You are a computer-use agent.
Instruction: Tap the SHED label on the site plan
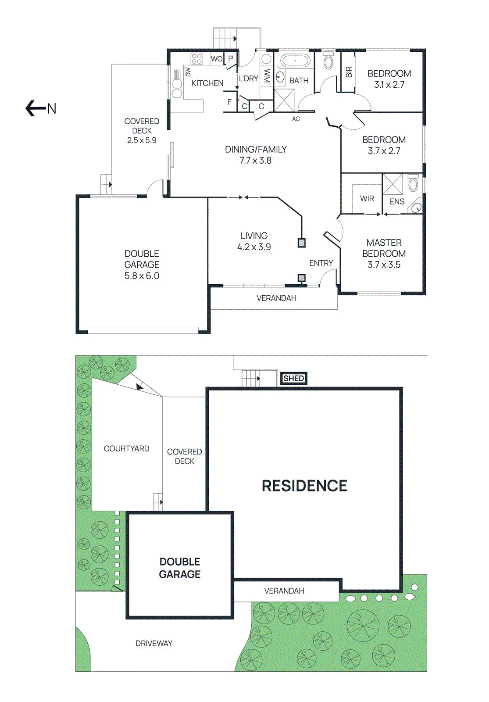click(x=293, y=378)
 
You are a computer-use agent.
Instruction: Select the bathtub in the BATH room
click(x=295, y=61)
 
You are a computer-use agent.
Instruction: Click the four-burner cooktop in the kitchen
click(x=196, y=59)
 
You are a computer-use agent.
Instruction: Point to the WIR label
click(x=367, y=199)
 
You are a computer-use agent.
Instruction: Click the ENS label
click(x=397, y=201)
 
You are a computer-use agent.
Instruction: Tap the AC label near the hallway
click(x=296, y=119)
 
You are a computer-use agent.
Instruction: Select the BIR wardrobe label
click(x=349, y=72)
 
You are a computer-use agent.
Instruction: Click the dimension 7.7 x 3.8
click(x=255, y=161)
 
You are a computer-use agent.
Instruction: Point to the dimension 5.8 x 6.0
click(x=142, y=276)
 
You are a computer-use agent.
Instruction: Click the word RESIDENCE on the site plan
click(x=304, y=486)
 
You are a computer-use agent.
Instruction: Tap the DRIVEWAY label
click(x=153, y=643)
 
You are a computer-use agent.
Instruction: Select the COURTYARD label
click(x=126, y=448)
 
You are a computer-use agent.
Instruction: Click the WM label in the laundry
click(x=267, y=75)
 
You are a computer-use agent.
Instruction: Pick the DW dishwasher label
click(x=188, y=71)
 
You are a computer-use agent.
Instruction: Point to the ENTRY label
click(x=321, y=263)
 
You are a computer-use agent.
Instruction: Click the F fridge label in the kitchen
click(x=229, y=102)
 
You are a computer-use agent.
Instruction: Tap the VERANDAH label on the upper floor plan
click(x=276, y=298)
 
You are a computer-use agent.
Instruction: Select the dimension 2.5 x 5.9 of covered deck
click(x=142, y=140)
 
